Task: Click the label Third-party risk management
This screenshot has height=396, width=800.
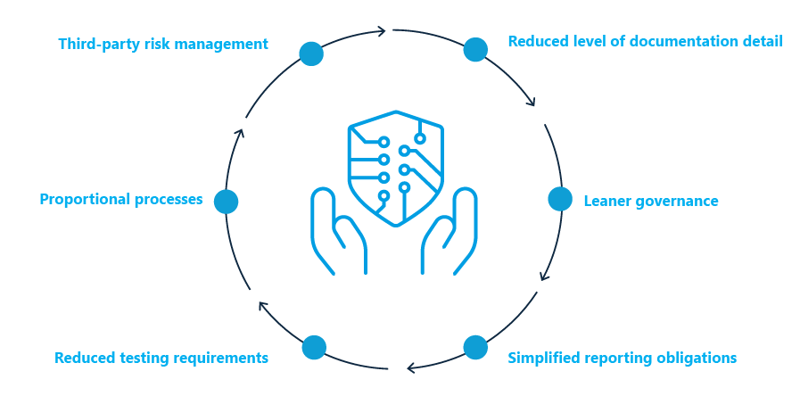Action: coord(162,44)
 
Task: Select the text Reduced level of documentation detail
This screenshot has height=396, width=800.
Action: coord(645,41)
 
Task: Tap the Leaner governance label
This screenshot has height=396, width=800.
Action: coord(650,201)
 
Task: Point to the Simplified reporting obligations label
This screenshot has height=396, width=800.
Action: coord(622,358)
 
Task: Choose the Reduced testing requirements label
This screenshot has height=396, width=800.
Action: coord(161,358)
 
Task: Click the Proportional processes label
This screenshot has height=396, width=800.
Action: coord(121,199)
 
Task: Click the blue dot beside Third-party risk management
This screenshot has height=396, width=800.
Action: coord(311,54)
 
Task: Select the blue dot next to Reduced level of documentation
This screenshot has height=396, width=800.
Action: coord(475,50)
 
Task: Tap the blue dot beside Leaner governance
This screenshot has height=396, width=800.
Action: coord(560,199)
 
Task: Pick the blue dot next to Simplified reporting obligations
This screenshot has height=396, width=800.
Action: coord(475,347)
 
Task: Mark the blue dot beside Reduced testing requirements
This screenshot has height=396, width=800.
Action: coord(314,347)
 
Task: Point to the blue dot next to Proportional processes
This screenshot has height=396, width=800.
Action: coord(227,202)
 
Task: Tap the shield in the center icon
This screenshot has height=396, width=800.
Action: coord(395,164)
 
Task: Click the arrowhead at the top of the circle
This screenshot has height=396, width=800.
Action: coord(381,31)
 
